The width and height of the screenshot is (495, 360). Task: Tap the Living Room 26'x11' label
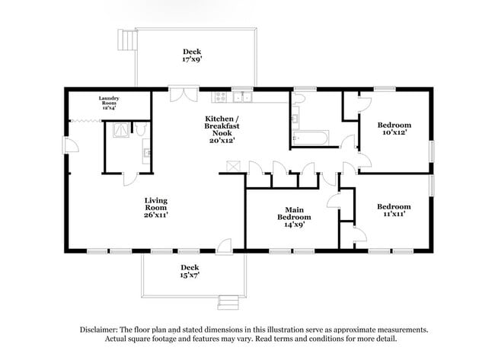156,208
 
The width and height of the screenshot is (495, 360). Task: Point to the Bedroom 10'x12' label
395,129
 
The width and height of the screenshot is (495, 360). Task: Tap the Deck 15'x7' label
190,271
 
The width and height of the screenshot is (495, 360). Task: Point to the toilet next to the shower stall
142,129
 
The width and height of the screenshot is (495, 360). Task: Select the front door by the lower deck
223,245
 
